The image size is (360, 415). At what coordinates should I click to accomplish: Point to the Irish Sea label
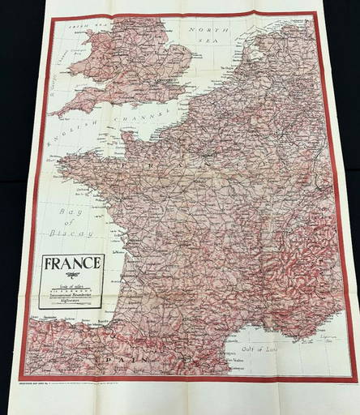75,27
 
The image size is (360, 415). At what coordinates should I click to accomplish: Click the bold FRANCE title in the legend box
73,263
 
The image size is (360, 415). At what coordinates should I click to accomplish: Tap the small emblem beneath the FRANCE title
73,276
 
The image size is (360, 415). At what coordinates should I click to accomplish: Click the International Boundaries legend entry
73,295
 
